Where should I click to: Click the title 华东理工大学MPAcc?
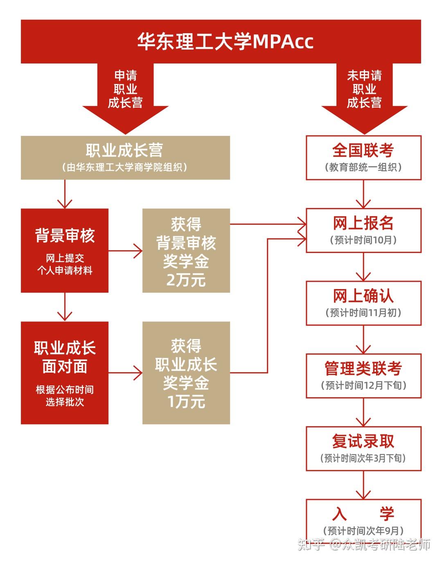point(225,41)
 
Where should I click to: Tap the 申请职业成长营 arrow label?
point(125,89)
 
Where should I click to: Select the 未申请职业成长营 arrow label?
point(364,89)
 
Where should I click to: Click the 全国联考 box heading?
point(363,150)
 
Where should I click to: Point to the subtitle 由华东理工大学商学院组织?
point(125,167)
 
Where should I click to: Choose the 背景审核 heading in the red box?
point(65,235)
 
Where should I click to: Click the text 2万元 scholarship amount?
point(186,280)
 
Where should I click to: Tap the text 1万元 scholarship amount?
point(186,401)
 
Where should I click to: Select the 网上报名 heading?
point(363,223)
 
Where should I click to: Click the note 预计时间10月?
point(363,240)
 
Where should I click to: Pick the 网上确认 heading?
point(363,296)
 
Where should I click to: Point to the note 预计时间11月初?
point(363,313)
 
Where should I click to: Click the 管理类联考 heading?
point(363,369)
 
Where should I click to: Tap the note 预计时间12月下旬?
point(363,385)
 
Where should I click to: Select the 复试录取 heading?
point(363,441)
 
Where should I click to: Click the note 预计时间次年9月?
point(363,531)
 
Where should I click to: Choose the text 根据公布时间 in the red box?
point(65,389)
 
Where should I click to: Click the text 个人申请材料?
point(65,270)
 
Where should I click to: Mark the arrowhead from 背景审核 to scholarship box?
point(138,251)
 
